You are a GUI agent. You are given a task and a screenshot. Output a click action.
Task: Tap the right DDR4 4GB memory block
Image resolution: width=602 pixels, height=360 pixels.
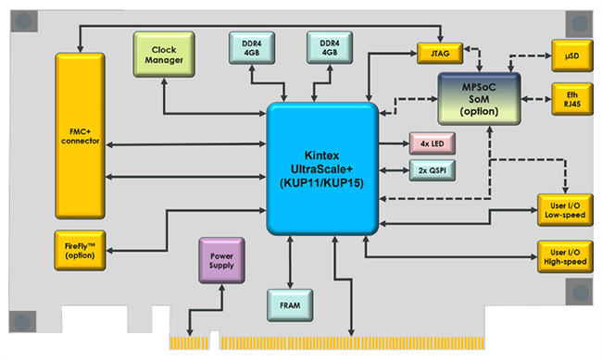pos(328,47)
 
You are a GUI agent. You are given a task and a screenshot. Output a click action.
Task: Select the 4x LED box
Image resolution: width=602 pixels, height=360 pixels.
pos(430,144)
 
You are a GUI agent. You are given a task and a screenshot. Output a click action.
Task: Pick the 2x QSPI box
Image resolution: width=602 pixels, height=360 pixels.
pos(430,171)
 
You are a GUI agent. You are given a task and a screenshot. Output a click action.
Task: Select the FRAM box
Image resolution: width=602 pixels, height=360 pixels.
pos(291,302)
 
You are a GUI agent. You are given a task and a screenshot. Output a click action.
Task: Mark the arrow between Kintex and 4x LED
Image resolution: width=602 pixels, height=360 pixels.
pos(395,144)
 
